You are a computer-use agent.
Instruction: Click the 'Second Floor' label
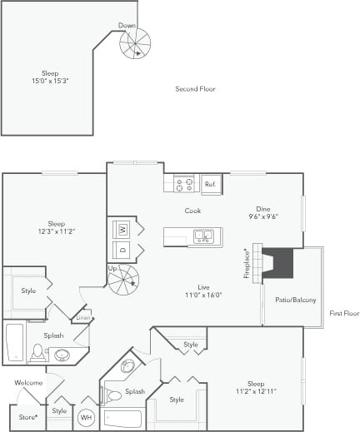click(x=195, y=89)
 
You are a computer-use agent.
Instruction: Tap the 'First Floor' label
click(x=343, y=313)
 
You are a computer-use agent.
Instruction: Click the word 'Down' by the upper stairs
click(x=127, y=26)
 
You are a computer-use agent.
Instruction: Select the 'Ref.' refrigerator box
click(x=210, y=184)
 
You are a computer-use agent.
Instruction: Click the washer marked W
click(x=122, y=228)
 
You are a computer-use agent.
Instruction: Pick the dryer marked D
click(x=122, y=249)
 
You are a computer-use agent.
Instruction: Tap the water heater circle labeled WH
click(x=86, y=418)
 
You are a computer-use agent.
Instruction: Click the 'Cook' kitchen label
click(x=192, y=211)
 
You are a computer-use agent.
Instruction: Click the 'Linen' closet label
click(x=83, y=318)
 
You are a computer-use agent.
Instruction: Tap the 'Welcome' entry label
click(x=28, y=383)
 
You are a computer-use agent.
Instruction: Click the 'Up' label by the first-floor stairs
click(x=112, y=269)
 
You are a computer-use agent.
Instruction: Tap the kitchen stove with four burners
click(x=184, y=183)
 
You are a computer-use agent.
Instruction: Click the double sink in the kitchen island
click(x=202, y=237)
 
